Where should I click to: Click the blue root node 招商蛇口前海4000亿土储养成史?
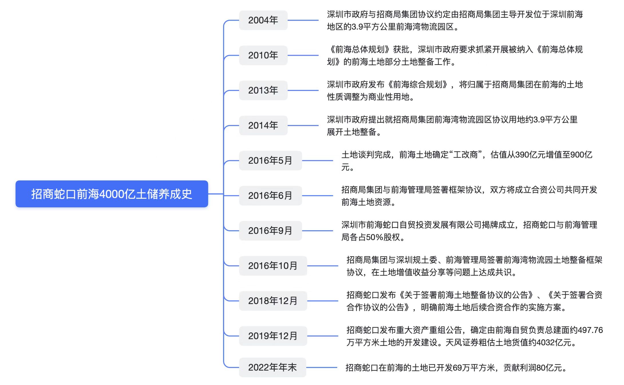click(x=112, y=194)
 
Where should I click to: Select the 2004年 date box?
click(x=263, y=20)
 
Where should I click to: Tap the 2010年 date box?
click(x=263, y=55)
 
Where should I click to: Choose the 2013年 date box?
click(x=263, y=90)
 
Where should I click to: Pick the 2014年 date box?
click(x=263, y=125)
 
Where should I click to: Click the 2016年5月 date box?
click(x=270, y=160)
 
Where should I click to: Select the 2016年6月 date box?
click(x=270, y=196)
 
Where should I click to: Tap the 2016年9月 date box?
click(x=270, y=231)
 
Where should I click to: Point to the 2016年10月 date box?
click(x=273, y=266)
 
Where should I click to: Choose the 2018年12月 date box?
click(x=273, y=301)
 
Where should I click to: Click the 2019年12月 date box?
click(x=273, y=336)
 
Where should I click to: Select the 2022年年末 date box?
click(x=272, y=367)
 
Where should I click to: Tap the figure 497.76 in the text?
click(x=590, y=330)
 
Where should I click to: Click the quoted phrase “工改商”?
click(x=466, y=155)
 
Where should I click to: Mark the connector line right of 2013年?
click(x=303, y=90)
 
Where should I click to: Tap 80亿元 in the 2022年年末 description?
click(x=549, y=368)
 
